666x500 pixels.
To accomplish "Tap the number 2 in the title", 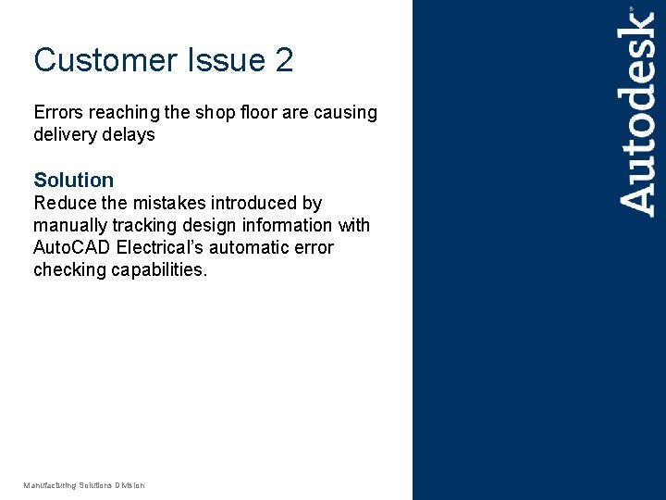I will coord(284,61).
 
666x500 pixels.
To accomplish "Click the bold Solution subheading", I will coord(73,180).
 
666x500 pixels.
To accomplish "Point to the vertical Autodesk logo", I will coord(637,111).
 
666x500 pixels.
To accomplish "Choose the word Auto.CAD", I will coord(72,247).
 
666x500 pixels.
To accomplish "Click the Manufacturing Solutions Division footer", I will coord(84,485).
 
